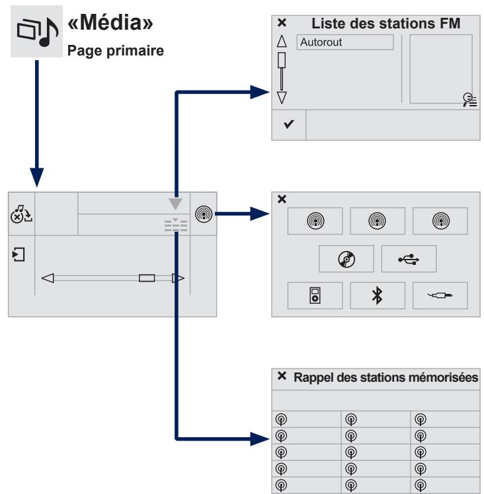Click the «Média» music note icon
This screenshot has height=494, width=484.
pos(37,32)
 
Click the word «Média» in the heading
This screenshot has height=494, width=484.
pos(110,22)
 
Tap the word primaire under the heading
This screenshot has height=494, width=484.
pos(136,51)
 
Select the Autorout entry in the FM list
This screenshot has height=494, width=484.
pos(345,42)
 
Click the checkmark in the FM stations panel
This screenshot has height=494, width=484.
pos(289,124)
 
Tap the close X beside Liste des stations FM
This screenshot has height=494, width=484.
pos(282,22)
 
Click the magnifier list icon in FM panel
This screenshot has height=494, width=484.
pos(470,100)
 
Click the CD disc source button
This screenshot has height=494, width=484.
pos(346,259)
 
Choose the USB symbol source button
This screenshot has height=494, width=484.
pos(409,259)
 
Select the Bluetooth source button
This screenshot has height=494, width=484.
pos(378,295)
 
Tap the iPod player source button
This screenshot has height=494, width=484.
pos(315,295)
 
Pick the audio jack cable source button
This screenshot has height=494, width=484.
pos(440,295)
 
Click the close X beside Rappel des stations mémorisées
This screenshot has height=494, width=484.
pos(282,376)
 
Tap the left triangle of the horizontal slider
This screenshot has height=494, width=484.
pos(48,278)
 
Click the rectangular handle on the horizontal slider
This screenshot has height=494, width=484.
pos(147,278)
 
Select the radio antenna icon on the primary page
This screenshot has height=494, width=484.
pos(204,214)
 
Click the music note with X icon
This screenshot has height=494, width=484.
pos(21,214)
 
